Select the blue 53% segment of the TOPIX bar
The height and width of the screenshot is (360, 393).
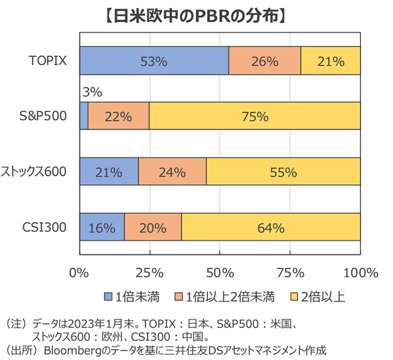pyautogui.click(x=154, y=61)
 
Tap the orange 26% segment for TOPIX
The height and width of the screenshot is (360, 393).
pyautogui.click(x=265, y=61)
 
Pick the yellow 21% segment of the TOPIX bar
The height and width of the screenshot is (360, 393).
pyautogui.click(x=330, y=61)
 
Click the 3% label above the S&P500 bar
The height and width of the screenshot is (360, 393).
pyautogui.click(x=91, y=93)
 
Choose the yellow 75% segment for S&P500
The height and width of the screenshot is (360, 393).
pyautogui.click(x=255, y=116)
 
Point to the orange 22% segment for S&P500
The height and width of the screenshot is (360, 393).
pyautogui.click(x=119, y=116)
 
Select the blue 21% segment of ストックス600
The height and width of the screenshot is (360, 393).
pyautogui.click(x=109, y=172)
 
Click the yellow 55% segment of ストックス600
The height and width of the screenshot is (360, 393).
pyautogui.click(x=283, y=172)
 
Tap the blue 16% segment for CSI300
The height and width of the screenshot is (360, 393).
pyautogui.click(x=102, y=227)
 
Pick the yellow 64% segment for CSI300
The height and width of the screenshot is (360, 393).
pyautogui.click(x=271, y=227)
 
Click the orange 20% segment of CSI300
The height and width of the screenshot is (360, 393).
pyautogui.click(x=153, y=227)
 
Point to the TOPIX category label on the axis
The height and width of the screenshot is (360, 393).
pyautogui.click(x=47, y=60)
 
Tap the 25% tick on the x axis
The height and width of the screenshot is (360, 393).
pyautogui.click(x=149, y=272)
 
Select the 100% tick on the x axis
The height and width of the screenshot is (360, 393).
pyautogui.click(x=361, y=272)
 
